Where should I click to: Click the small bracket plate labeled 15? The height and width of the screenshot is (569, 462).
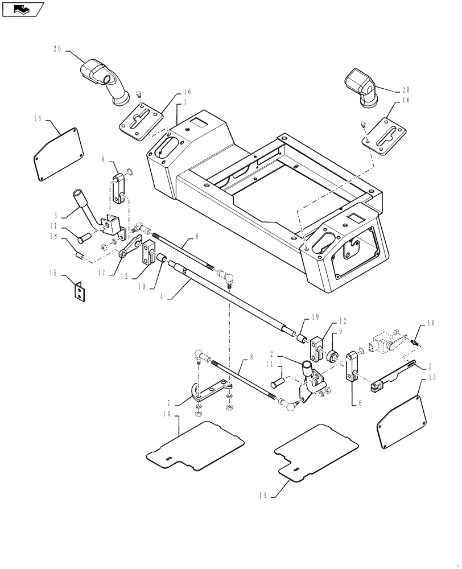(80, 290)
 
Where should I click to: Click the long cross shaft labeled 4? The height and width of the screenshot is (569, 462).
(239, 302)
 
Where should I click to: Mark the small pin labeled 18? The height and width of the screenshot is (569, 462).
(81, 256)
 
